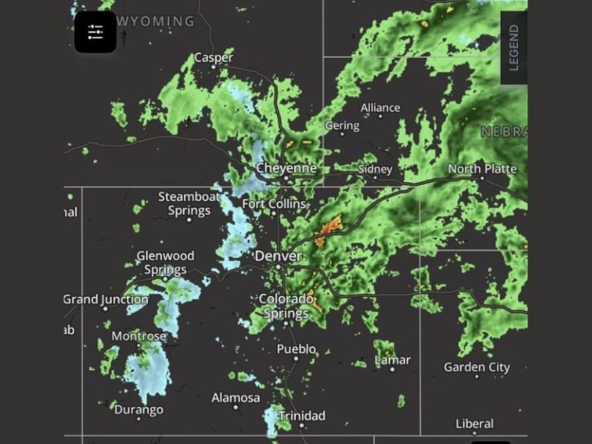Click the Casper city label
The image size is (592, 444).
point(214,57)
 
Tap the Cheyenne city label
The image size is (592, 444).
point(286,168)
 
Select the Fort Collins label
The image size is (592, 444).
point(274,204)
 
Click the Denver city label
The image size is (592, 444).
point(278,255)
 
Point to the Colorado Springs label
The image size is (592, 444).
point(286,306)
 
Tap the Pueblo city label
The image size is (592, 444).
point(297,349)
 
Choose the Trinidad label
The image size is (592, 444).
point(301,416)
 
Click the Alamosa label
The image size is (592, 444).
point(236,398)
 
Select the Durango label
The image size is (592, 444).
point(139,410)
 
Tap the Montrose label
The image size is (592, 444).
point(139,336)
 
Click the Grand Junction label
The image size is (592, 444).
point(106,299)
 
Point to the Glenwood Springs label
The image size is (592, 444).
point(165,263)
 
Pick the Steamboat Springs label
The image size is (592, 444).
point(189,203)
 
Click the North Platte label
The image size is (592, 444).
point(483,169)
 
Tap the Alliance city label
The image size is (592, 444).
point(380,108)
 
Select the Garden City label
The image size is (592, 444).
point(477,367)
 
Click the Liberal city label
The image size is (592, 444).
point(474,424)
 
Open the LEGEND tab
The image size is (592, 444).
point(513,48)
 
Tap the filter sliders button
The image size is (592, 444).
point(96,32)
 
